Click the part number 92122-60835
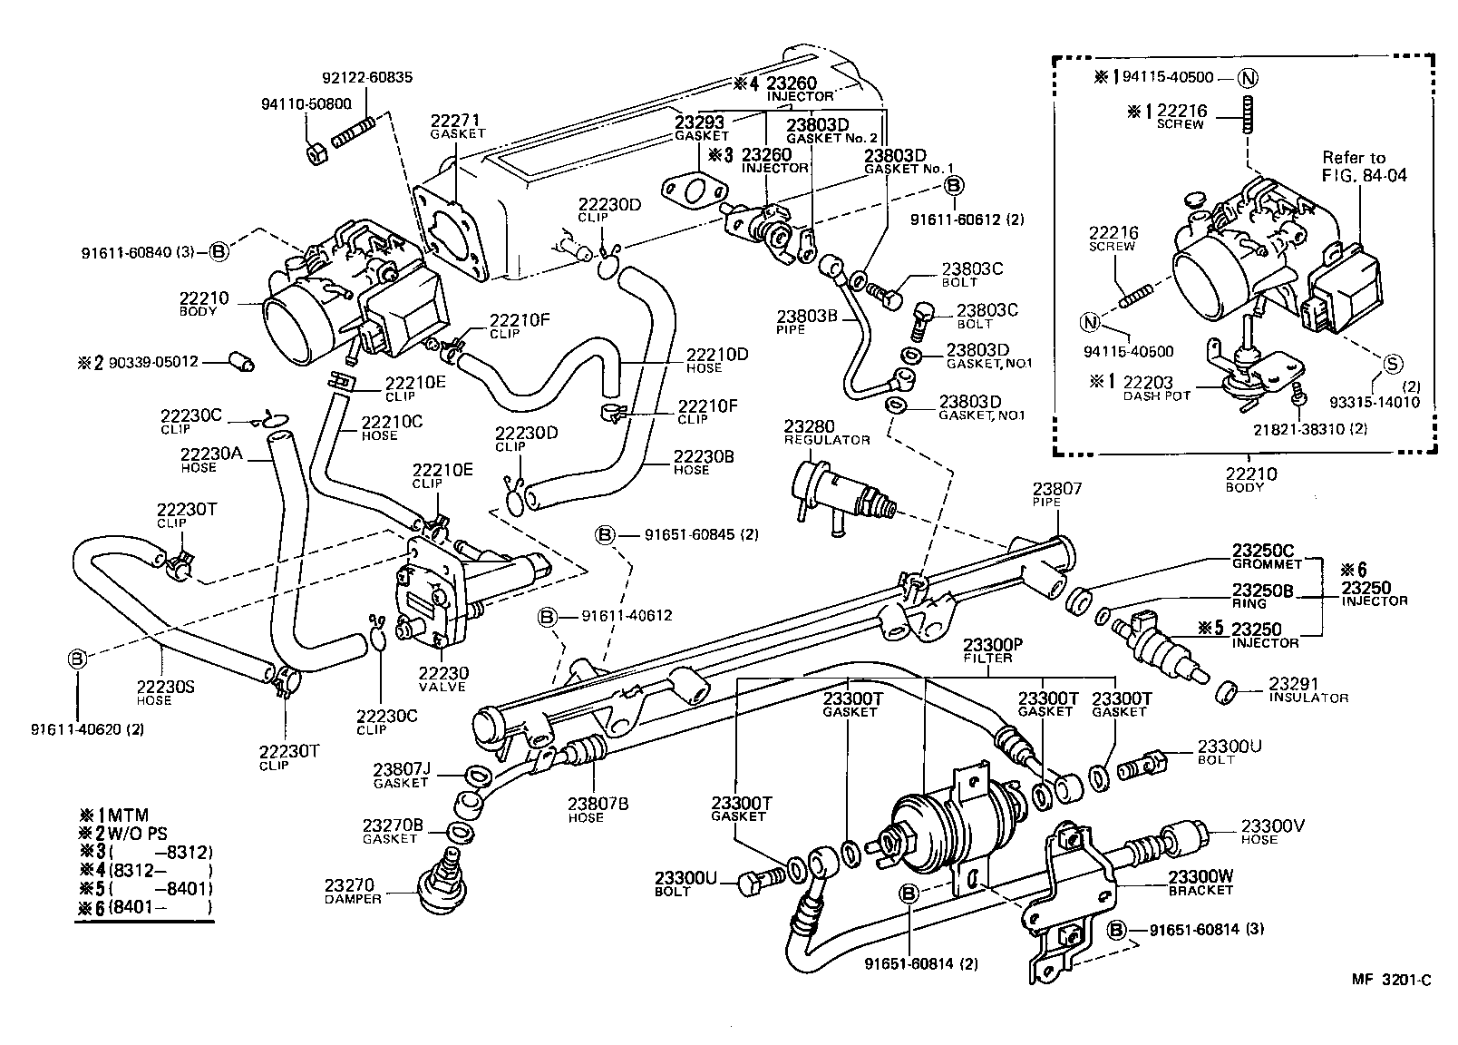click(367, 78)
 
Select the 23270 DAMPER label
click(353, 890)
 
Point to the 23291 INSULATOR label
click(1307, 689)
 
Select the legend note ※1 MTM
click(114, 815)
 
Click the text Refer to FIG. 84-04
click(1363, 166)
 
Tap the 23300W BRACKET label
click(1200, 883)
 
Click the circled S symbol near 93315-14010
click(1392, 364)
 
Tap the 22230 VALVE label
click(444, 679)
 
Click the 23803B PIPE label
click(808, 322)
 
